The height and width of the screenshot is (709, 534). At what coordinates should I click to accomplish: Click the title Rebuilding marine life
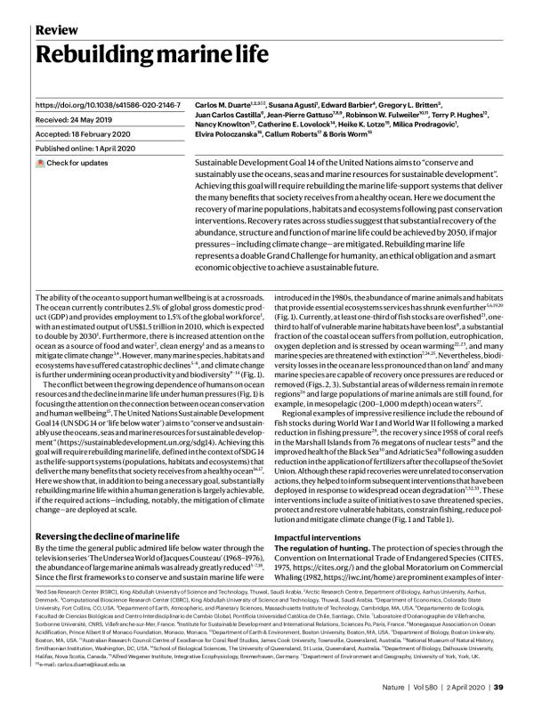[x=151, y=56]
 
